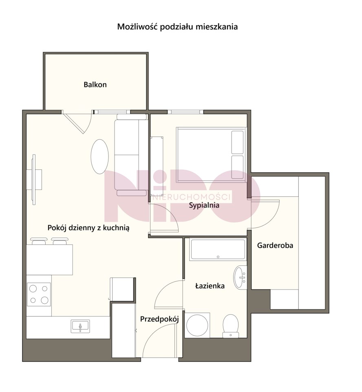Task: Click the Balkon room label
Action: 95,85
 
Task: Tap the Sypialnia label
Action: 204,205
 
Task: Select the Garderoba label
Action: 275,245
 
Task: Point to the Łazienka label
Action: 210,286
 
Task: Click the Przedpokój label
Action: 159,319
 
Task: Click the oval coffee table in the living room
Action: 99,156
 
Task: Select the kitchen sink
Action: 80,326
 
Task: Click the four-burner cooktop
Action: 39,294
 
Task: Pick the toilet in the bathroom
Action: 231,326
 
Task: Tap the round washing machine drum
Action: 197,325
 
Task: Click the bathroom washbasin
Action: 240,277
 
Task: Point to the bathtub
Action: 218,250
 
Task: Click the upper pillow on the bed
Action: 237,142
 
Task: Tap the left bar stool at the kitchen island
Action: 39,241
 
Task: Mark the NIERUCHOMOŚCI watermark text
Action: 191,198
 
